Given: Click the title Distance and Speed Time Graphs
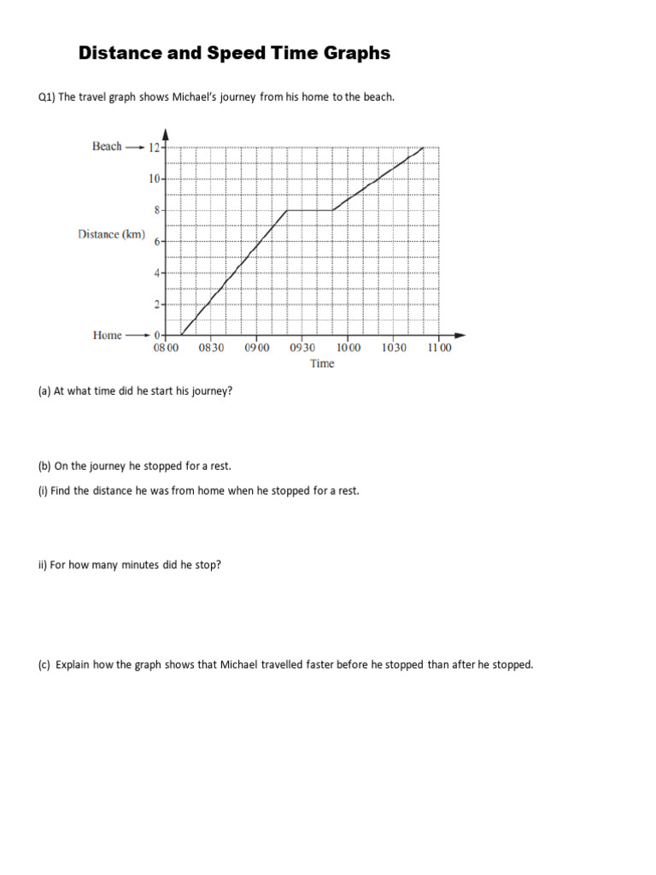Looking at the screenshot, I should tap(234, 53).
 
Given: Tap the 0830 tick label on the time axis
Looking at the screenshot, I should tap(211, 348).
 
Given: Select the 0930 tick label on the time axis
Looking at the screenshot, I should tap(302, 348).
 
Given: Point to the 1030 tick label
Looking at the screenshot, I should tap(394, 348).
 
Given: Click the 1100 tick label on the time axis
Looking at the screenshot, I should tap(439, 348).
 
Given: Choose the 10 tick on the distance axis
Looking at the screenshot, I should tap(155, 179).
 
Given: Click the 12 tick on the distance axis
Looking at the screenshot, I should tap(155, 147).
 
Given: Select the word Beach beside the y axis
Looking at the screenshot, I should tap(107, 146).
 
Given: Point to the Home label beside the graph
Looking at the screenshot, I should tap(107, 335).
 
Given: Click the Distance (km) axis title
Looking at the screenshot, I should tap(111, 234).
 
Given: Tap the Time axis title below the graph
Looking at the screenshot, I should tap(322, 363).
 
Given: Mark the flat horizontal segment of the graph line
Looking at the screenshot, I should tap(308, 209).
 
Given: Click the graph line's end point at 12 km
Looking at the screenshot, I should tap(424, 147).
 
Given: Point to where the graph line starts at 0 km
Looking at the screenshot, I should tap(180, 335).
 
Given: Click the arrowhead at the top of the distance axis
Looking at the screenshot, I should tap(165, 133).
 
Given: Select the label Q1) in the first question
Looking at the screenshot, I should tap(46, 97).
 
